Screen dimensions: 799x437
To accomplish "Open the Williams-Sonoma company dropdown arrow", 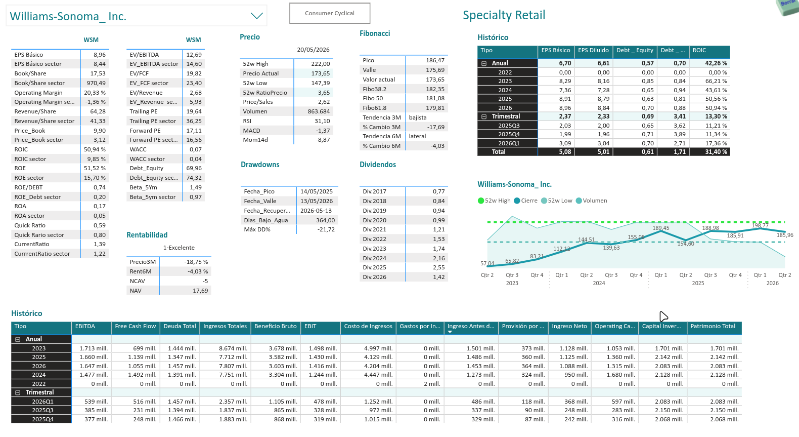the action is tap(256, 16).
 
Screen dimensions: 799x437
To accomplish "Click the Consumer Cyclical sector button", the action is tap(330, 13).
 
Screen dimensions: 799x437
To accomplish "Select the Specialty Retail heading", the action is tap(504, 15).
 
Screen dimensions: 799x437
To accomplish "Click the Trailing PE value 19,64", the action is tap(194, 111).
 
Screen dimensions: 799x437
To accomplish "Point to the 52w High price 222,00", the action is tap(320, 64).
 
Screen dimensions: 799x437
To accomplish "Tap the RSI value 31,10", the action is tap(322, 121).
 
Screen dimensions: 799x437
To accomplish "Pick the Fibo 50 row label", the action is tap(373, 98).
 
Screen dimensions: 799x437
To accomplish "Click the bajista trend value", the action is tap(418, 117).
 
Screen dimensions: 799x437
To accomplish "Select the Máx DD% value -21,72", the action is tap(326, 229).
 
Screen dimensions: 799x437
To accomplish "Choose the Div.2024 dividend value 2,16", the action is tap(439, 258).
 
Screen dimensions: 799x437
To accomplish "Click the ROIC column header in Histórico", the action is tap(699, 50).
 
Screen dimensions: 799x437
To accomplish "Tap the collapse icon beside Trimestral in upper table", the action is tap(484, 116).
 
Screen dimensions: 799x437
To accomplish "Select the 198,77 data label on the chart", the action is tap(760, 225).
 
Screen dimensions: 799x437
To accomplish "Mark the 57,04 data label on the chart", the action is tap(487, 263).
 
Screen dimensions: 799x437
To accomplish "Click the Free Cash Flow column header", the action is tap(135, 326).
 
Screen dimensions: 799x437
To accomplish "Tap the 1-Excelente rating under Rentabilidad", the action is tap(179, 248).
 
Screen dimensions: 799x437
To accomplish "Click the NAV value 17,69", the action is tap(200, 291).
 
